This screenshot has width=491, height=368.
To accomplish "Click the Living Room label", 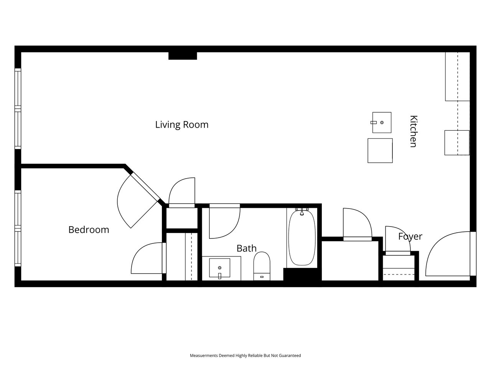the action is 182,125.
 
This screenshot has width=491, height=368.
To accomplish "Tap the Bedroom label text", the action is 89,230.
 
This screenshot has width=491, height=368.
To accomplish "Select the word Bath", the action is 247,248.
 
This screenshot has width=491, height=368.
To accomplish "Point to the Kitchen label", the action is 414,131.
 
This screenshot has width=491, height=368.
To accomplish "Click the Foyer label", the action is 410,237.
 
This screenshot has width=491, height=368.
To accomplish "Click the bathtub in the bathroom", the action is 302,238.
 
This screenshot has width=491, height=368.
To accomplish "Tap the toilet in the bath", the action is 262,266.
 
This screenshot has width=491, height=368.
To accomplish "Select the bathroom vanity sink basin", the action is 219,268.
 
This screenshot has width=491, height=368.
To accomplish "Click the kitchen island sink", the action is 382,122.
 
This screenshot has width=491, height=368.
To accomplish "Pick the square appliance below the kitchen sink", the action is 380,151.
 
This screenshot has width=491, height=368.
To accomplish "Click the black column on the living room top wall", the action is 183,56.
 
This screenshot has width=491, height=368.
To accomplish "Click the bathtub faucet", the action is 302,211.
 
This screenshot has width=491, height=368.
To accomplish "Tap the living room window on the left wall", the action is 18,108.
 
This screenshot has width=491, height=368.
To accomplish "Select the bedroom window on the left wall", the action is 18,228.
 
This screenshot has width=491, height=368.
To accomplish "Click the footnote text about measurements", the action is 245,355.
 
